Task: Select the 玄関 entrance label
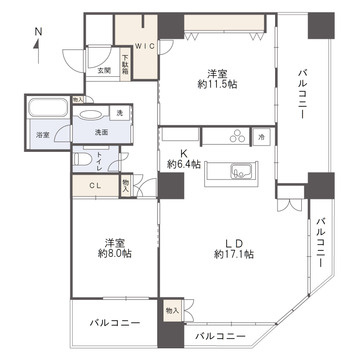point(104,70)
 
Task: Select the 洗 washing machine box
point(119,112)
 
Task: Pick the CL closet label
point(92,184)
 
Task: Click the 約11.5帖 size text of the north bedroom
point(217,88)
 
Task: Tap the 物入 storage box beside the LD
point(172,312)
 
